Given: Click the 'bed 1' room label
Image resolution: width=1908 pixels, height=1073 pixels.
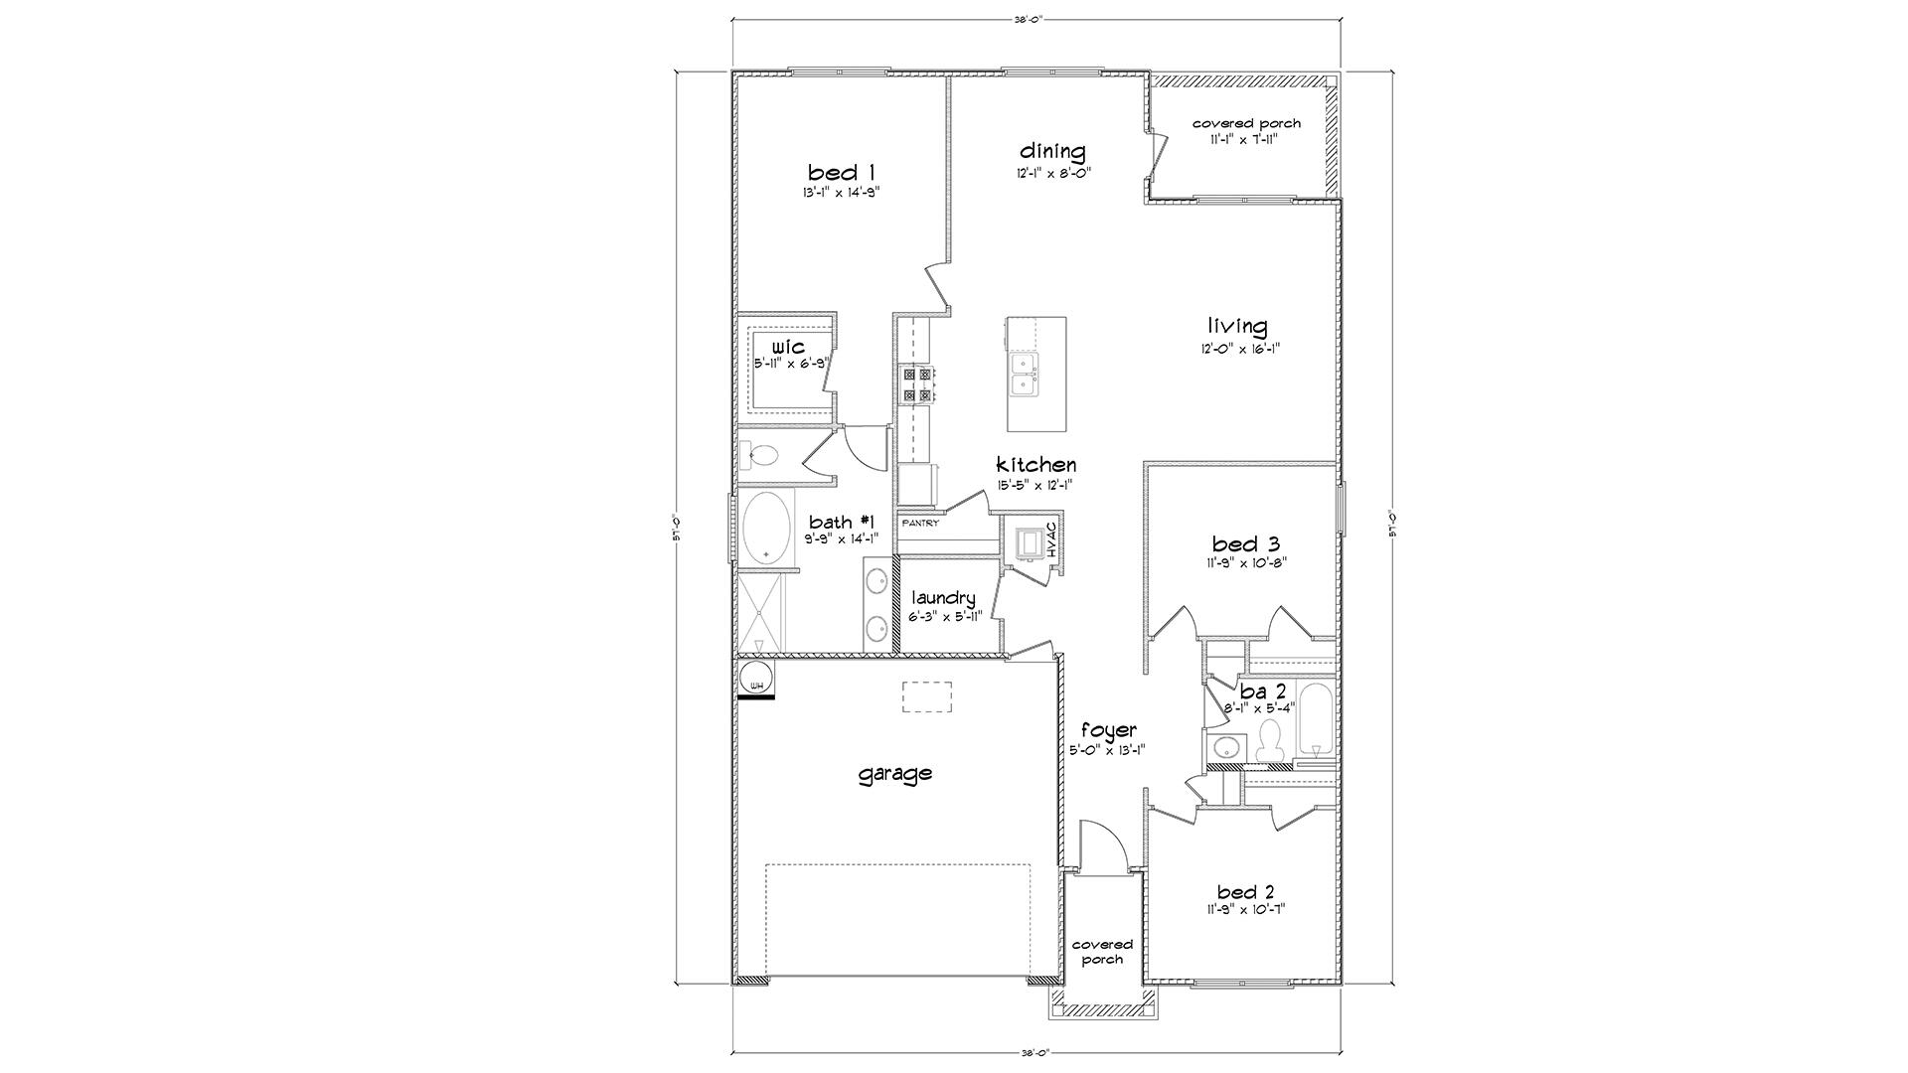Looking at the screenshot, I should (x=841, y=173).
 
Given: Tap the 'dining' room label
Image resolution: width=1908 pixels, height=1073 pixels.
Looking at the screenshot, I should (x=1052, y=151).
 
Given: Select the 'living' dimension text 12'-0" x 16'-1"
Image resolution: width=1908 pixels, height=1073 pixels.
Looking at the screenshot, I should (x=1237, y=349).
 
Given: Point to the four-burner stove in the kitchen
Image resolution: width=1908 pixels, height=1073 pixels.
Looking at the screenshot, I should (x=916, y=384).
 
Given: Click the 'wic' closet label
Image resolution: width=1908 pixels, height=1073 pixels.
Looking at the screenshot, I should (x=788, y=347).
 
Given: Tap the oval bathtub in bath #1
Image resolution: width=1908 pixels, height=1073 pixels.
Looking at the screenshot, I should (x=765, y=528).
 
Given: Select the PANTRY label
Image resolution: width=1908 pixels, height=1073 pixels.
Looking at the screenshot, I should (x=919, y=523).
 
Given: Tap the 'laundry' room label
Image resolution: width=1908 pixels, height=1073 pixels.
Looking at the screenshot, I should (x=944, y=598).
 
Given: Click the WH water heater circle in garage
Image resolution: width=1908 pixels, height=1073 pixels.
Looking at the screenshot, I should (x=756, y=681).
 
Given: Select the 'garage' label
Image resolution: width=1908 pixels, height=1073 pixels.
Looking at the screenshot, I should (x=895, y=772).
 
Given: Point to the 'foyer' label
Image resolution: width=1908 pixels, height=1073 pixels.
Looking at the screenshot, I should (x=1108, y=730).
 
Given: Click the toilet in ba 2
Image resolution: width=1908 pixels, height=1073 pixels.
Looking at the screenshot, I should (x=1270, y=740).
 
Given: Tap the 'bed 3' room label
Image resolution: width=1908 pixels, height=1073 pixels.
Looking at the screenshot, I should (x=1245, y=543).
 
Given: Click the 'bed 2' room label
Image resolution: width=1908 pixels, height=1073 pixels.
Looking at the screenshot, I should (x=1245, y=891).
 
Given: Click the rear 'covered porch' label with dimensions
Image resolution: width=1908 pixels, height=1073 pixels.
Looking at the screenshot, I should (x=1246, y=123).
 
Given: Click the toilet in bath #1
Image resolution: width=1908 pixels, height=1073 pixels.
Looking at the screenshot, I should (x=764, y=457).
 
